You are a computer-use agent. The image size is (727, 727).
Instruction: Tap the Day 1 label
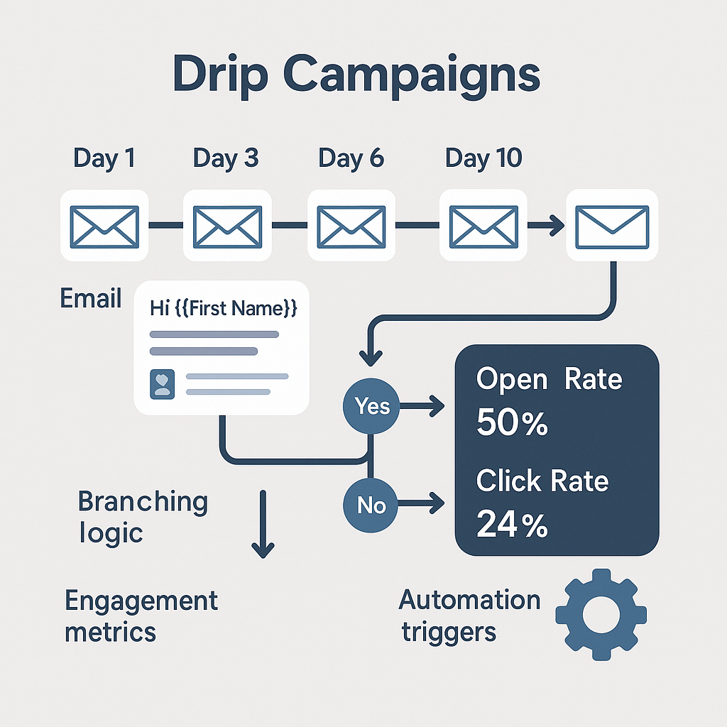point(104,158)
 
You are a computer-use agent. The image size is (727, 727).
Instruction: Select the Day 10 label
point(483,158)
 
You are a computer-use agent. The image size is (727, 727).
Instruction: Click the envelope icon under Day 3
point(228,225)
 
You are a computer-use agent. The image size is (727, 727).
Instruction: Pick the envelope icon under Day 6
point(351,225)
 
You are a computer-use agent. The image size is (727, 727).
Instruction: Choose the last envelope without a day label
point(611,226)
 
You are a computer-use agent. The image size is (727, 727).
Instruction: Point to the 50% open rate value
point(512,424)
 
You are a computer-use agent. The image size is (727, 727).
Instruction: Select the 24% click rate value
point(512,525)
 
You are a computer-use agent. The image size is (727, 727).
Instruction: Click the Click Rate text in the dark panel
point(542,481)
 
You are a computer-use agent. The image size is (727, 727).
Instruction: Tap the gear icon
point(601,613)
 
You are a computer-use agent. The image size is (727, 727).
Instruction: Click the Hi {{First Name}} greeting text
point(223,309)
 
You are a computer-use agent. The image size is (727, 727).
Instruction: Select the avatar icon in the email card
point(163,383)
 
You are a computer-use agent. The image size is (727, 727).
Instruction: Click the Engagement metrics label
point(141,616)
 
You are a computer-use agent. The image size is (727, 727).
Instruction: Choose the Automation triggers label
point(469,614)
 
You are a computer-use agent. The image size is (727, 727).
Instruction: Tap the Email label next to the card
point(90,298)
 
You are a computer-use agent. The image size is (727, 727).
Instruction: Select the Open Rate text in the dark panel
point(549,380)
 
